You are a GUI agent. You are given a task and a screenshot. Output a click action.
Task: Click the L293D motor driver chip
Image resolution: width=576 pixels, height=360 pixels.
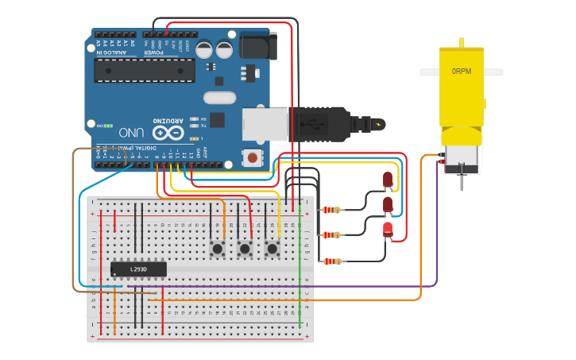tap(138, 269)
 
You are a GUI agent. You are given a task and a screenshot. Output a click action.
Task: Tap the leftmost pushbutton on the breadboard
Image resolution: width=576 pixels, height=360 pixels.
tap(217, 249)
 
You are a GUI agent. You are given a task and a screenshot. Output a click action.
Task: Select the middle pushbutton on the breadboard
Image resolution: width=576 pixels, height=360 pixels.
tap(245, 249)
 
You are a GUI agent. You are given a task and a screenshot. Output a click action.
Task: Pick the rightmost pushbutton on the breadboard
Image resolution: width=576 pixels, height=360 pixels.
tap(273, 249)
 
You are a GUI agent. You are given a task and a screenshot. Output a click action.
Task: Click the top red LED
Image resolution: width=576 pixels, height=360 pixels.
tap(388, 180)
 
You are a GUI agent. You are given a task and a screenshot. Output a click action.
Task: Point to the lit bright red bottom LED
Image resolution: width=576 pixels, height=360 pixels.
tap(388, 230)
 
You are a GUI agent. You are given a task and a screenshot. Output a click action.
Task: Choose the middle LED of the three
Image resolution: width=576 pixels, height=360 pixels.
tap(388, 205)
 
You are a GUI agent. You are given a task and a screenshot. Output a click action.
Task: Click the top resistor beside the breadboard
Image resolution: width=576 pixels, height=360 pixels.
tap(331, 211)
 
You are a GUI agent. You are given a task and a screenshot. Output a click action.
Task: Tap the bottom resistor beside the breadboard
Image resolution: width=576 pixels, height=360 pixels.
tap(331, 261)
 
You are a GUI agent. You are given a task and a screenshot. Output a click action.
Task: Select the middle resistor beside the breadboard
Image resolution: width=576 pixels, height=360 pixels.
tap(331, 234)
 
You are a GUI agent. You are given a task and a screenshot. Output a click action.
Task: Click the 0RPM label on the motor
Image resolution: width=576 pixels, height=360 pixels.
tap(462, 72)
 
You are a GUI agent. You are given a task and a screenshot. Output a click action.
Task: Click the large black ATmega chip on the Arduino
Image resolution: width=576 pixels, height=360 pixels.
tap(144, 70)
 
